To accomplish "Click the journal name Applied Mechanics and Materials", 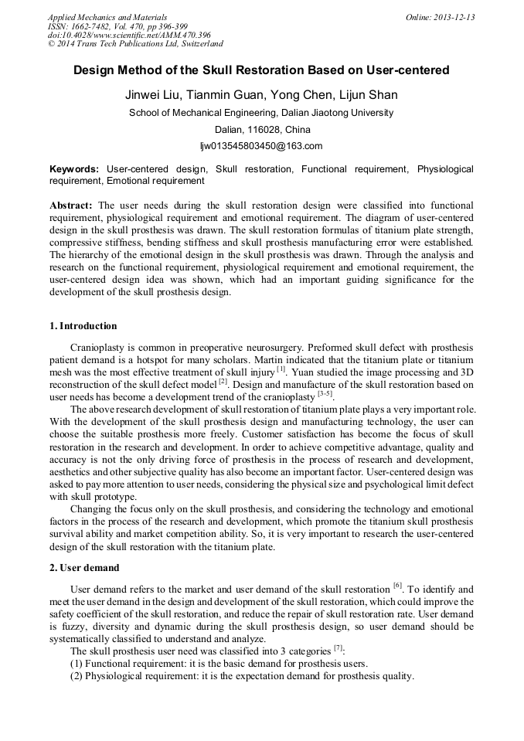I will click(107, 17).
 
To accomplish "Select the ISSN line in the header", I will click(117, 26).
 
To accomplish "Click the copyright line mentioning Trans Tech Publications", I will click(135, 44).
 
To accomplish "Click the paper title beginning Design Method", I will click(261, 70).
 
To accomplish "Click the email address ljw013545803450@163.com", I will click(261, 145).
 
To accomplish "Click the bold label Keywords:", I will click(74, 168).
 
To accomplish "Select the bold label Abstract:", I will click(71, 206).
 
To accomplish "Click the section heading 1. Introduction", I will click(83, 325).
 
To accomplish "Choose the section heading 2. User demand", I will click(83, 567).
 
